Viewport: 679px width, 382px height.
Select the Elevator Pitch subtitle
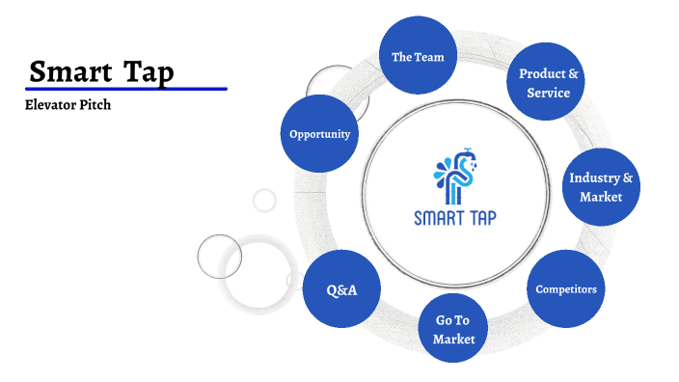(68, 105)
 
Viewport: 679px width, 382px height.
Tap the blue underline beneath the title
(126, 89)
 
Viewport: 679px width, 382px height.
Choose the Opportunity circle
(319, 134)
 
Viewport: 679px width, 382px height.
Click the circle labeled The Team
(418, 57)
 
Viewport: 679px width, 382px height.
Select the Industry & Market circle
(601, 187)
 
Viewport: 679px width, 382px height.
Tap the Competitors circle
(566, 288)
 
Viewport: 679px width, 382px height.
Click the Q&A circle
(341, 288)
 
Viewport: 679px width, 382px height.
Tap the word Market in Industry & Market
(601, 197)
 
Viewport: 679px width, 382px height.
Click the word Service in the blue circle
(548, 93)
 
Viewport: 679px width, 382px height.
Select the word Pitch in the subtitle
(95, 105)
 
